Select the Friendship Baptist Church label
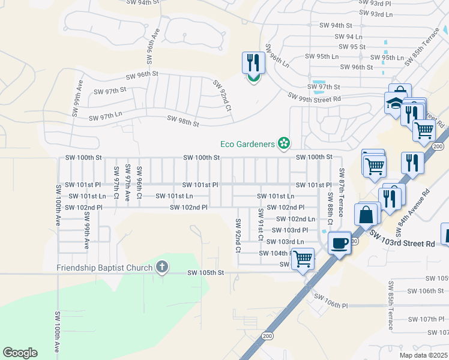pos(105,267)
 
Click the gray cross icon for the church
pos(161,267)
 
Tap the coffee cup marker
pos(340,243)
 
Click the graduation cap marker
pos(396,103)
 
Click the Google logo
pos(20,353)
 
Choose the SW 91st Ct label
pos(261,224)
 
